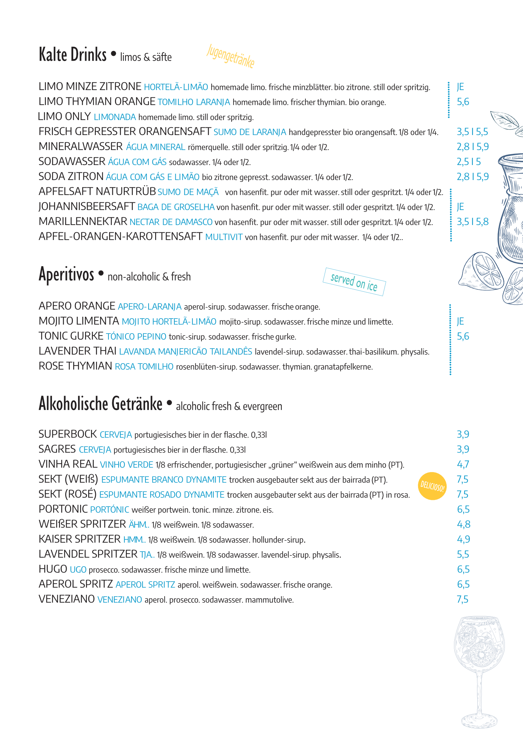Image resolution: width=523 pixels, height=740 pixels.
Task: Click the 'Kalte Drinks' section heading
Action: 73,55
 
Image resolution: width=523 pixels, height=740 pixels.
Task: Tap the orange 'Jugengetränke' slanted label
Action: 230,56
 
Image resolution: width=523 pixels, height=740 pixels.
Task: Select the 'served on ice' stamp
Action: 354,282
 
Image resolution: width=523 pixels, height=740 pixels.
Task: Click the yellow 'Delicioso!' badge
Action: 432,486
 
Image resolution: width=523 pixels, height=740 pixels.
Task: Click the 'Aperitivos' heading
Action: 66,275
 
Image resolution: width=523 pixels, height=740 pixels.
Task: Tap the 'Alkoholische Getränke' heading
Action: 100,404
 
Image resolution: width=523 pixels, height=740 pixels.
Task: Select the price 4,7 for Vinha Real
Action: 463,464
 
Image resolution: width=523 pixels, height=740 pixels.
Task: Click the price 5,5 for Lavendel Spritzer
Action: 463,554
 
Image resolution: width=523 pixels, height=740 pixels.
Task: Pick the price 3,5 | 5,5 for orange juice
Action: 472,132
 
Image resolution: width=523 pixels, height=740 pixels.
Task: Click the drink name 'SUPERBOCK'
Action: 68,434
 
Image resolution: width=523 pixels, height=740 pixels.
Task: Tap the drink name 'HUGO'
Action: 53,569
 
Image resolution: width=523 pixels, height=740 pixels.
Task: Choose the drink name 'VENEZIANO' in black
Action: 67,599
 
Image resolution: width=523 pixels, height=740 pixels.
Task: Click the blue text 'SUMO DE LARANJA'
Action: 250,132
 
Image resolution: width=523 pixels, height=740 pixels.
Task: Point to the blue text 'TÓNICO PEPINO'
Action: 136,337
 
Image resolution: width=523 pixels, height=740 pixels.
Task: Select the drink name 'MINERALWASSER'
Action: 81,147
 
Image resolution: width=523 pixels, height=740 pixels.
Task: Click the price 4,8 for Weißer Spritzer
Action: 463,524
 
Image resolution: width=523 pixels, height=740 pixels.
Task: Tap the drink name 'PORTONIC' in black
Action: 63,509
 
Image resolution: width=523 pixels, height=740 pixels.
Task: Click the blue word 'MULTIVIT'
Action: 224,237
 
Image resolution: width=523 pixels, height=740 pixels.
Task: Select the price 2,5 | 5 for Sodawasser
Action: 469,162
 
